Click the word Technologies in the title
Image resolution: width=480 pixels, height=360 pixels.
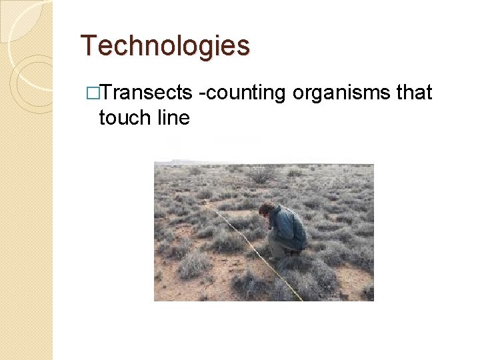(x=165, y=46)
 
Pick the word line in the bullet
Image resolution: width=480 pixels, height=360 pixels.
(x=173, y=118)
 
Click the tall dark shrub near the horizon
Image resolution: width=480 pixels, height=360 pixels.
(x=262, y=175)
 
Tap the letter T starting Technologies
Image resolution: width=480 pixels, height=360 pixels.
(x=87, y=46)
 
